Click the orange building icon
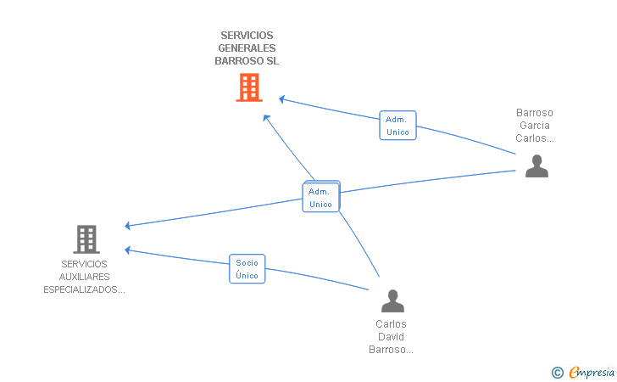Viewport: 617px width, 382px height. point(249,87)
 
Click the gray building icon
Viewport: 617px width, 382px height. point(86,239)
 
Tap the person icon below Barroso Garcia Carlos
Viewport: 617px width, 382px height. point(536,166)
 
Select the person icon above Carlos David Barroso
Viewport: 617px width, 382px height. point(392,301)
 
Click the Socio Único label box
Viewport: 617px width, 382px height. point(247,269)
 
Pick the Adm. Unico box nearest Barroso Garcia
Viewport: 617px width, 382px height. point(397,126)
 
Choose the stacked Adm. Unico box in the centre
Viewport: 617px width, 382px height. point(320,197)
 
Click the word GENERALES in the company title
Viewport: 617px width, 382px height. point(247,48)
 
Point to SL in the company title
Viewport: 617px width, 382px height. point(272,61)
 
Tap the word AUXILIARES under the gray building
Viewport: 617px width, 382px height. point(84,277)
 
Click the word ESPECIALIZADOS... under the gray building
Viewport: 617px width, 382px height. point(84,289)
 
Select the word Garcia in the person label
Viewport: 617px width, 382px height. point(535,126)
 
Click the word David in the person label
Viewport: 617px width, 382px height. point(391,337)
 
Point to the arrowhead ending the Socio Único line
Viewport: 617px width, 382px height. point(127,250)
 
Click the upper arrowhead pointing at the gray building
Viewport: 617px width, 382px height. point(127,226)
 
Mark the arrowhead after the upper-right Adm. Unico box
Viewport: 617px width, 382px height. point(281,99)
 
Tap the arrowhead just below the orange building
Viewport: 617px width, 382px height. point(266,117)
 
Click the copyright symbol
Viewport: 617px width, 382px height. point(558,372)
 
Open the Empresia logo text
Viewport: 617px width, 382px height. point(592,372)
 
